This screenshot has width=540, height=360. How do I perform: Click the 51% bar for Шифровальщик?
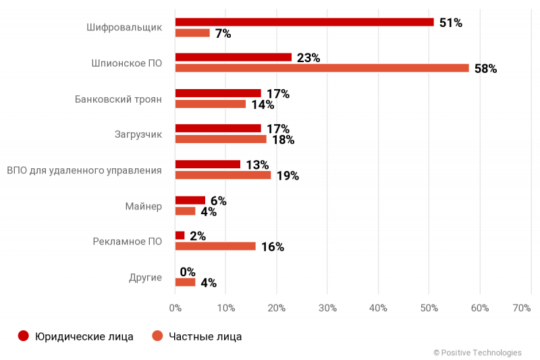pyautogui.click(x=304, y=22)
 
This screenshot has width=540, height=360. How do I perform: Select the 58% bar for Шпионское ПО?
pyautogui.click(x=321, y=68)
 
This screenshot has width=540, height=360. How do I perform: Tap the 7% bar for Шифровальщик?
pyautogui.click(x=192, y=33)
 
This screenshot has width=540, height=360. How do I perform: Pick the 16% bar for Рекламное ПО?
pyautogui.click(x=215, y=247)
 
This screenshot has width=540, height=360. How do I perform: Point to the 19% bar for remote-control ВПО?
pyautogui.click(x=223, y=175)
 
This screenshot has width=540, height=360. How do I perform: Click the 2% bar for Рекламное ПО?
pyautogui.click(x=180, y=235)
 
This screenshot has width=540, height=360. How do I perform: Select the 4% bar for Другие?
pyautogui.click(x=185, y=282)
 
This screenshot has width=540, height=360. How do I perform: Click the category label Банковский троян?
pyautogui.click(x=118, y=99)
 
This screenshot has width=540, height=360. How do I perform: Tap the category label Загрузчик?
pyautogui.click(x=138, y=134)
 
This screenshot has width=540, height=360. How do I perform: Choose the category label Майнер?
pyautogui.click(x=143, y=206)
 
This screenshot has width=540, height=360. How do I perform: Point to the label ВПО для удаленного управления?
pyautogui.click(x=84, y=170)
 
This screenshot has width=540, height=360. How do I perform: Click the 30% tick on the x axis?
pyautogui.click(x=327, y=308)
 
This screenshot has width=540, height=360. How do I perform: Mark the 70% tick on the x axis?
pyautogui.click(x=522, y=308)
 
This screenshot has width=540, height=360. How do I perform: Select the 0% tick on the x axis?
pyautogui.click(x=175, y=308)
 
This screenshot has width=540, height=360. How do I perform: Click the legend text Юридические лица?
pyautogui.click(x=84, y=336)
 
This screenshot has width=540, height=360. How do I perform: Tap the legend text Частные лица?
pyautogui.click(x=205, y=336)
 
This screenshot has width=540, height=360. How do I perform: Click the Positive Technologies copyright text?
pyautogui.click(x=477, y=353)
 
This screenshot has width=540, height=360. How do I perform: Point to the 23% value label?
pyautogui.click(x=308, y=58)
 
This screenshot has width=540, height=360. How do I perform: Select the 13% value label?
pyautogui.click(x=256, y=165)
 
